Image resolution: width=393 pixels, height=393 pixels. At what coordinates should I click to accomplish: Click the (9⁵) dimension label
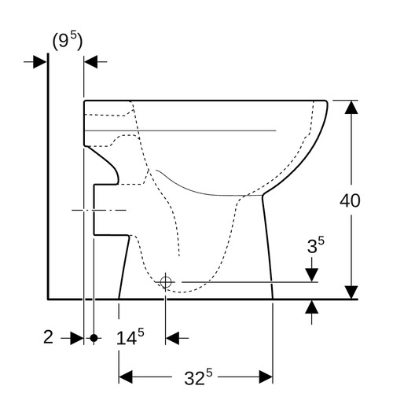pyautogui.click(x=68, y=42)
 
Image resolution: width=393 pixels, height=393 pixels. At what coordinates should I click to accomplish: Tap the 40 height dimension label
pyautogui.click(x=350, y=201)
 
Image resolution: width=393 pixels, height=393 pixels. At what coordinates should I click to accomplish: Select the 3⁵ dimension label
pyautogui.click(x=316, y=245)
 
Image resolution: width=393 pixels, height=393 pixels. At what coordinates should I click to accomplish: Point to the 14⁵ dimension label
pyautogui.click(x=130, y=336)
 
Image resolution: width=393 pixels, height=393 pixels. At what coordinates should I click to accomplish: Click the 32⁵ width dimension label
pyautogui.click(x=198, y=376)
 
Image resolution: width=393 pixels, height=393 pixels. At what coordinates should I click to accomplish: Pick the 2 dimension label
pyautogui.click(x=48, y=337)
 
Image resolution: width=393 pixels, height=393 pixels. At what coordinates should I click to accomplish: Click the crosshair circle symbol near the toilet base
pyautogui.click(x=166, y=282)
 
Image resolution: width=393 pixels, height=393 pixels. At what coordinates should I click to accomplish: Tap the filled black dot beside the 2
pyautogui.click(x=94, y=338)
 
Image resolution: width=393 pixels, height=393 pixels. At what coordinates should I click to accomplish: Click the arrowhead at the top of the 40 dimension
pyautogui.click(x=351, y=107)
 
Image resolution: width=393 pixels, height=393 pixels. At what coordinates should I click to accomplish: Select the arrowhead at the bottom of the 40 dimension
pyautogui.click(x=351, y=292)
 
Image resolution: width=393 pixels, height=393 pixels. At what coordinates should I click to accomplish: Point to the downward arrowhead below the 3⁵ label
pyautogui.click(x=312, y=275)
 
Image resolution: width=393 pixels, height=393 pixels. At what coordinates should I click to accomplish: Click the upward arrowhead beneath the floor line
pyautogui.click(x=312, y=307)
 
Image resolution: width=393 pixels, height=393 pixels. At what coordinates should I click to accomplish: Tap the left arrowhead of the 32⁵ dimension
pyautogui.click(x=126, y=377)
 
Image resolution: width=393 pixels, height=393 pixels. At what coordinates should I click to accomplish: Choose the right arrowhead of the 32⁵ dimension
pyautogui.click(x=266, y=377)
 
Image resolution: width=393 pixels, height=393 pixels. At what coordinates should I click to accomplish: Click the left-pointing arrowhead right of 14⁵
pyautogui.click(x=172, y=338)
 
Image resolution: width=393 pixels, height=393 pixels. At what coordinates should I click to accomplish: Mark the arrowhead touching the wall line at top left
pyautogui.click(x=40, y=62)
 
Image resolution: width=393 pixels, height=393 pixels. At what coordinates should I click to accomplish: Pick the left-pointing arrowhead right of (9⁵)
pyautogui.click(x=90, y=62)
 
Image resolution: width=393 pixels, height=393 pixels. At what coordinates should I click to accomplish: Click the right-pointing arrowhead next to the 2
pyautogui.click(x=77, y=338)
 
